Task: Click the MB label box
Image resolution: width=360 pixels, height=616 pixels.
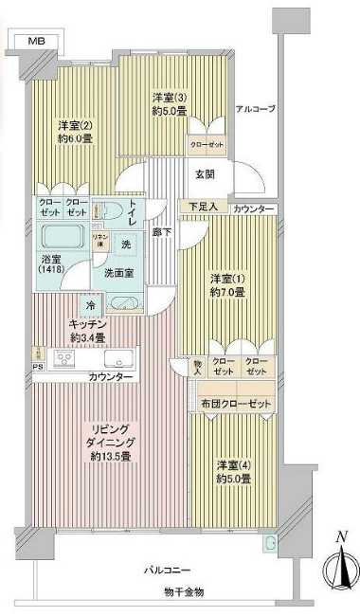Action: [35, 41]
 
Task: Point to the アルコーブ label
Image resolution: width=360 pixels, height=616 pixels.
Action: [255, 109]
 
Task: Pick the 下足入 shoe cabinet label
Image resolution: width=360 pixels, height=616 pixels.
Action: [201, 207]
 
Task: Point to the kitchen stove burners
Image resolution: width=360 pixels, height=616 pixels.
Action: [66, 358]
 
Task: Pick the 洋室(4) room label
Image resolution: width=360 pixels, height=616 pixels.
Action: [232, 471]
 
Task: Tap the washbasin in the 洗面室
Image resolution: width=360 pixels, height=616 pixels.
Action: [123, 304]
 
